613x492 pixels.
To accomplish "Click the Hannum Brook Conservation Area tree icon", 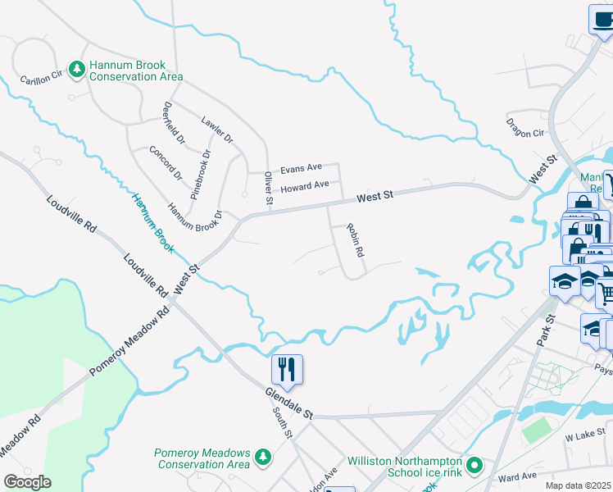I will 77,70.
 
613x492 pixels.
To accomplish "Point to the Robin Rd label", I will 354,241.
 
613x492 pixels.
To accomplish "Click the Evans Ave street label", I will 301,169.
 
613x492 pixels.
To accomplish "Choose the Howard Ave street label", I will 304,187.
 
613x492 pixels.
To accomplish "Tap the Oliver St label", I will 267,188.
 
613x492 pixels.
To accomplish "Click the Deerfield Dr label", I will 174,121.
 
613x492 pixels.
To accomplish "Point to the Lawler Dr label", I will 217,126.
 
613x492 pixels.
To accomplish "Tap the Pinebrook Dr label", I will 200,168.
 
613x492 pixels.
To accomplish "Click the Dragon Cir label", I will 525,127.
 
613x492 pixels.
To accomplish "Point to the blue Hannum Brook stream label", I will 151,221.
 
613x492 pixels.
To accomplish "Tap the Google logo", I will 27,482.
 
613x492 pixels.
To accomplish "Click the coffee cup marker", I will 602,19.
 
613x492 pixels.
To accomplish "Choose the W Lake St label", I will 583,439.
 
